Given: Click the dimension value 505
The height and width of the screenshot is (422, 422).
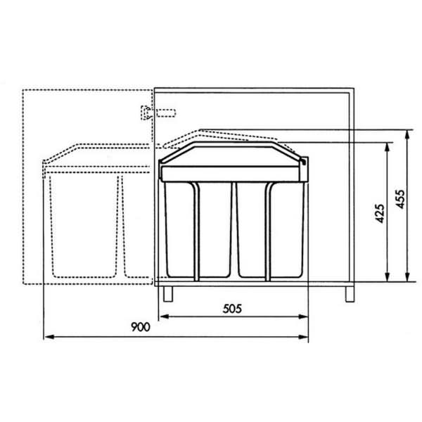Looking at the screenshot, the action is tap(232, 309).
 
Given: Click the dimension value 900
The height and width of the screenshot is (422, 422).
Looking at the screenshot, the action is tap(141, 327).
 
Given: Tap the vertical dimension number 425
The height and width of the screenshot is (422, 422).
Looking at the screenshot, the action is tap(380, 213).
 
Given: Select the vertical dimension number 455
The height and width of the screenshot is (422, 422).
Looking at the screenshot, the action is tap(400, 199).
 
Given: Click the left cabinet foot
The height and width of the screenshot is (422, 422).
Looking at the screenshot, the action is tap(168, 293).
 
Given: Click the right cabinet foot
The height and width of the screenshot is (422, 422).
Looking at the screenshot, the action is tap(350, 294).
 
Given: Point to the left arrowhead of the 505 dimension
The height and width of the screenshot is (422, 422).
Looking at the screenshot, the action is tap(164, 316).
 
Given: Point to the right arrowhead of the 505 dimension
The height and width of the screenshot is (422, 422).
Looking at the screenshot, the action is tap(303, 316).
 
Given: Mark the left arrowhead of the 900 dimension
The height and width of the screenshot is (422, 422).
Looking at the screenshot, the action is tap(49, 337).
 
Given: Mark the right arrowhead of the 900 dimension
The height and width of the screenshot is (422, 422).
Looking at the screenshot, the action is tap(303, 337).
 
